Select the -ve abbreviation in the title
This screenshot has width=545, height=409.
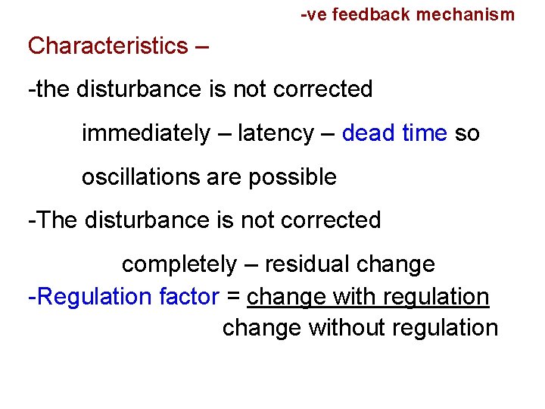coord(314,14)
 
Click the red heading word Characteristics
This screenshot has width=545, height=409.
coord(108,46)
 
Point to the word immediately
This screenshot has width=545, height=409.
coord(145,134)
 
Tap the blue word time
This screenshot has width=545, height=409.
coord(425,134)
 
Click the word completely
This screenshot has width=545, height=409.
coord(179,264)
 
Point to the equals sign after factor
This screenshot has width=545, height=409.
coord(233,297)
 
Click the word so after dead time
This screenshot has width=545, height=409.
coord(467,134)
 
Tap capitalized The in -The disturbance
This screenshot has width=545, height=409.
coord(58,220)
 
